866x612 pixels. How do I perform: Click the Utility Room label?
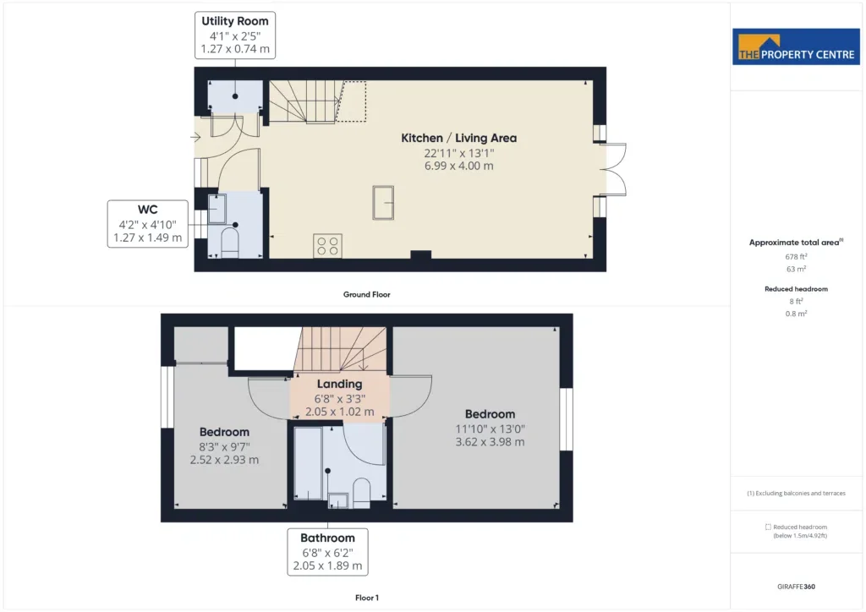pos(235,21)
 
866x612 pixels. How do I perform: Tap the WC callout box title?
pos(147,210)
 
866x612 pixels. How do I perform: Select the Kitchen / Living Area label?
pos(459,138)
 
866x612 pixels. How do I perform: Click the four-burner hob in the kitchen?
pos(327,246)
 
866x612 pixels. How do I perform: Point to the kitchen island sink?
pos(383,203)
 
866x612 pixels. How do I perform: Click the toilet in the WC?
pos(229,243)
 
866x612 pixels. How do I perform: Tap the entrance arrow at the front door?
pos(195,138)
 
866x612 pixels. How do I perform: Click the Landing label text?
pos(340,384)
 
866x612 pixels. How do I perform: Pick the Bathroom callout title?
pos(327,538)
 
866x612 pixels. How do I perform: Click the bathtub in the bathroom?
pos(308,462)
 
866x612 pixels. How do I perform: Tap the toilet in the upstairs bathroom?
pos(361,492)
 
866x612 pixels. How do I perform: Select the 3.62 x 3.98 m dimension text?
pos(490,442)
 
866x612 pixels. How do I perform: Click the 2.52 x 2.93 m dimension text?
pos(224,460)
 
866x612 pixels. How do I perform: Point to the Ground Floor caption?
pos(367,295)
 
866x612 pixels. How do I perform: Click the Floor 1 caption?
pos(367,598)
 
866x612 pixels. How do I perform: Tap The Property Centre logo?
pos(796,46)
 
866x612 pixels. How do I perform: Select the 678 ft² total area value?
pos(796,257)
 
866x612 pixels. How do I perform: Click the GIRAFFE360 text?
pos(796,587)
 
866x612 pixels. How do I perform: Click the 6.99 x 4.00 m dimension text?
pos(459,167)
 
